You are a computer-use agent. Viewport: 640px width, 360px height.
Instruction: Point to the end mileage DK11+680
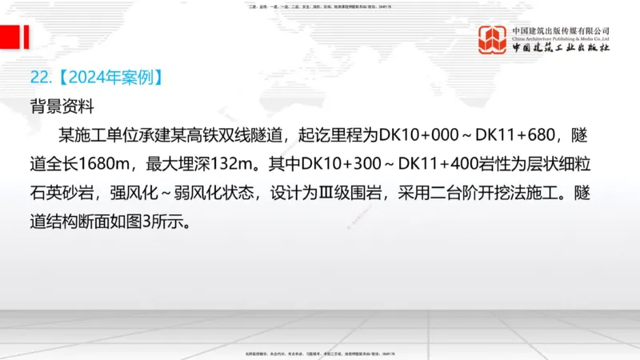[495, 134]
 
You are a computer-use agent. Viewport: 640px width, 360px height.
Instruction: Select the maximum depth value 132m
[234, 163]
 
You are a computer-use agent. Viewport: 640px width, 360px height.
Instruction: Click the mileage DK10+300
[341, 163]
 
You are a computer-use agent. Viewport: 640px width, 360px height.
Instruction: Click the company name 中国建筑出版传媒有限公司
[561, 30]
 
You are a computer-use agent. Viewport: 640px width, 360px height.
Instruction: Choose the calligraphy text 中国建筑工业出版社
[561, 48]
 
